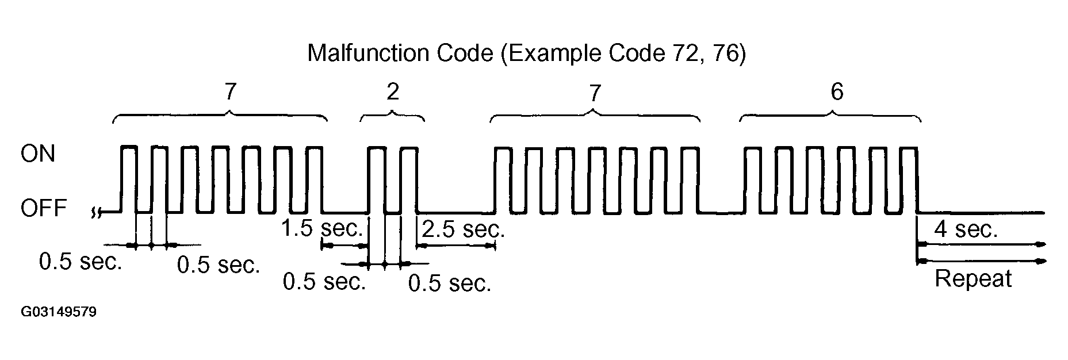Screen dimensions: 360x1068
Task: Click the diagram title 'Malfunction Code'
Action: pyautogui.click(x=401, y=53)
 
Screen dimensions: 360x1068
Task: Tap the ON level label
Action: pyautogui.click(x=37, y=154)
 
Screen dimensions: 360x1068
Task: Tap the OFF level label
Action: pyautogui.click(x=44, y=208)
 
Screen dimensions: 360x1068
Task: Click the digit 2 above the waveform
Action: pyautogui.click(x=392, y=92)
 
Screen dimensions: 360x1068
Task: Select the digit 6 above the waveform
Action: pyautogui.click(x=837, y=92)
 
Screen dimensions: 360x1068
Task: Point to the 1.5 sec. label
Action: pyautogui.click(x=322, y=228)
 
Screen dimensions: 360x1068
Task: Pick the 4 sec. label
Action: pyautogui.click(x=966, y=229)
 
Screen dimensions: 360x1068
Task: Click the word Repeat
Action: pyautogui.click(x=973, y=279)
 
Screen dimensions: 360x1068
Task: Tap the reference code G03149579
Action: pyautogui.click(x=59, y=313)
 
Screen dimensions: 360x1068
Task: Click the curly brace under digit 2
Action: pyautogui.click(x=392, y=115)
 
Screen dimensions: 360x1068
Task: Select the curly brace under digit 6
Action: pyautogui.click(x=830, y=115)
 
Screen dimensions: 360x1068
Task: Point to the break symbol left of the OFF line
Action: pyautogui.click(x=96, y=213)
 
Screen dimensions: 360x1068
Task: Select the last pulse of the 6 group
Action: pyautogui.click(x=907, y=178)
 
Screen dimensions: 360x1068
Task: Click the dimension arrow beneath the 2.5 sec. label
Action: pyautogui.click(x=455, y=246)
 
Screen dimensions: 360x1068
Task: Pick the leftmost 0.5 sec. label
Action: pyautogui.click(x=81, y=262)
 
